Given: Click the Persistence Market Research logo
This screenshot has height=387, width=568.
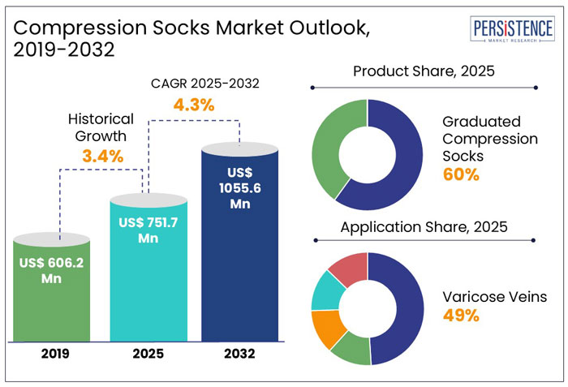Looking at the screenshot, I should pyautogui.click(x=513, y=30).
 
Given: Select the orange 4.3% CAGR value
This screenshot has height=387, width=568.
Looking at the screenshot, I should pyautogui.click(x=193, y=105).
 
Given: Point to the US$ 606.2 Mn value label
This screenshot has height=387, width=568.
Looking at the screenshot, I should pyautogui.click(x=52, y=270).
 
